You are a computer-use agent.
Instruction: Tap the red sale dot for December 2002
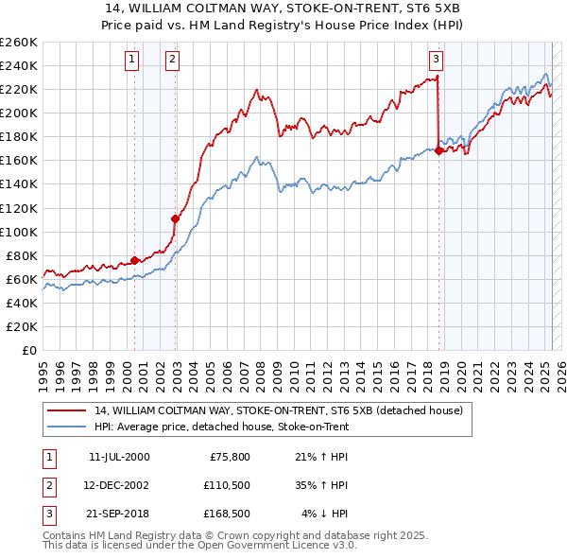click(x=175, y=218)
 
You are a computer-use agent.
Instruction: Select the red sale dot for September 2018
click(x=439, y=149)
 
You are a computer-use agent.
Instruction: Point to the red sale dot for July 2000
click(x=134, y=260)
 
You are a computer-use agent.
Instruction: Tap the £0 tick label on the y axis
click(x=28, y=350)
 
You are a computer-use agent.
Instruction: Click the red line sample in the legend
click(x=67, y=410)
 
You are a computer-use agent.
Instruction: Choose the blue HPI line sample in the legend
click(x=67, y=427)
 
